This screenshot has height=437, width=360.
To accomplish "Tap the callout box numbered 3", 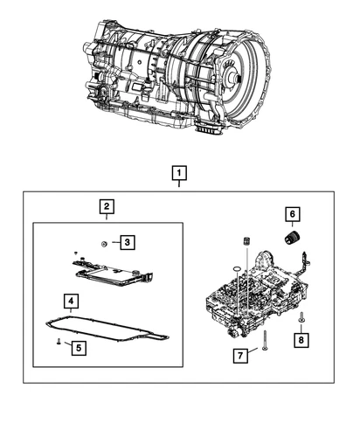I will pyautogui.click(x=126, y=242).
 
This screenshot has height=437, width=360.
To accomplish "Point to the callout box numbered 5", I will pyautogui.click(x=77, y=348).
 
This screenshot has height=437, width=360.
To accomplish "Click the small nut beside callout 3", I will pyautogui.click(x=104, y=242).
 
